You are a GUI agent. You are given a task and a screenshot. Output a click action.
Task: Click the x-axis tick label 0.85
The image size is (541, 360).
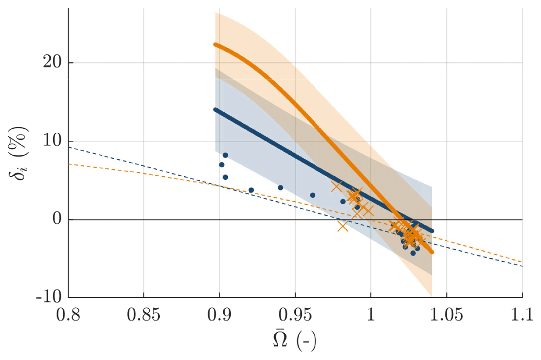tap(143, 315)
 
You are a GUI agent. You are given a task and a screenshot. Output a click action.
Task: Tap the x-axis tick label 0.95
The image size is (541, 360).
tap(295, 315)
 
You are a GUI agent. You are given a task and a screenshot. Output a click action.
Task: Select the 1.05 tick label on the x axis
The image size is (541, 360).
tap(446, 315)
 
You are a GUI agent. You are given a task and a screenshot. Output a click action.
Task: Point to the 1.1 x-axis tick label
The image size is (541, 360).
tap(522, 315)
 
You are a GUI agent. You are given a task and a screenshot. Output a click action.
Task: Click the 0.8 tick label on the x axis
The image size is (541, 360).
tap(68, 315)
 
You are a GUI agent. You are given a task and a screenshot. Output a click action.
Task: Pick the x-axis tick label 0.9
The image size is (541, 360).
tap(219, 315)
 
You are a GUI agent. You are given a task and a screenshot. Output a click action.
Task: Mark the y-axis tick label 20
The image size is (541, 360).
tap(52, 63)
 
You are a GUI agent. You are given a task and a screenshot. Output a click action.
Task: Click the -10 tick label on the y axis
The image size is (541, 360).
tap(50, 298)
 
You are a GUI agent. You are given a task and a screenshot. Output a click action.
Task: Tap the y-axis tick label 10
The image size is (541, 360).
tap(52, 141)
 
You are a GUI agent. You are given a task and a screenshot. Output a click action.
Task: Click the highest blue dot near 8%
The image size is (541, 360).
tap(226, 155)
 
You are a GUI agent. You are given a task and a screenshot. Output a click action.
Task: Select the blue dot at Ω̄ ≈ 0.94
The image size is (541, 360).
tap(280, 188)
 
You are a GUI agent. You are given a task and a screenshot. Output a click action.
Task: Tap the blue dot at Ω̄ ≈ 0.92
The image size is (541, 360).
tap(251, 190)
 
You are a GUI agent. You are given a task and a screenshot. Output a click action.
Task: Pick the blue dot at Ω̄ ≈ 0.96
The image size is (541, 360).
tap(312, 195)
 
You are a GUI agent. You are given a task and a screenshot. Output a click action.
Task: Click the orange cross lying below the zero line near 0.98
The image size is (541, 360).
tap(343, 226)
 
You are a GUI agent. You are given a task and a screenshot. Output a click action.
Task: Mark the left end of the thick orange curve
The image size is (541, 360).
tap(215, 45)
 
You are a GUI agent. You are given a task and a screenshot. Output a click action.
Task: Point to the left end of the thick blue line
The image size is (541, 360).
tap(215, 109)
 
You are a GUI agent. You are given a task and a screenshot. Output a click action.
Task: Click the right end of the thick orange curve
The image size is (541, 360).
tap(432, 252)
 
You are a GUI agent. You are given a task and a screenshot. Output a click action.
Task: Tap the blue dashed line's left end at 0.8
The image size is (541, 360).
tap(69, 148)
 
